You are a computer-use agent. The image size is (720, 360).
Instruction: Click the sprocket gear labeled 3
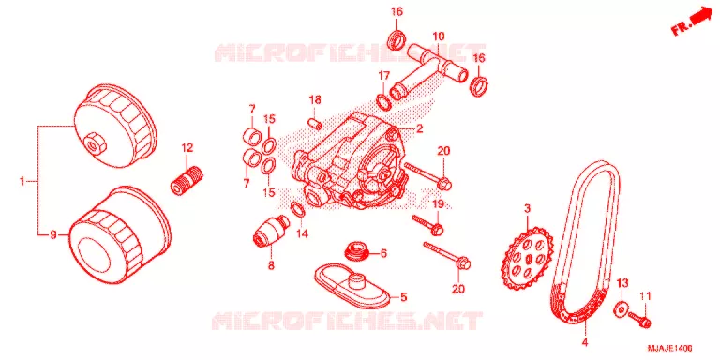(x=525, y=259)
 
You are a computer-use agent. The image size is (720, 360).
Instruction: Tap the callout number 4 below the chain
(x=585, y=342)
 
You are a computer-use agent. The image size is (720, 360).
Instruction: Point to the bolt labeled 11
(x=639, y=319)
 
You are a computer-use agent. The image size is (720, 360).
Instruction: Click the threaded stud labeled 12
(x=187, y=180)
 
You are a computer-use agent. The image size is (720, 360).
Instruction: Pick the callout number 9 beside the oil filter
(x=53, y=235)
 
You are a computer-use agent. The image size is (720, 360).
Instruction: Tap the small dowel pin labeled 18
(x=315, y=122)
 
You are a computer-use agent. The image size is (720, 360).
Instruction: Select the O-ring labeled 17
(x=383, y=102)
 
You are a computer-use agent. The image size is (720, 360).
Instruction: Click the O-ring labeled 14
(x=298, y=210)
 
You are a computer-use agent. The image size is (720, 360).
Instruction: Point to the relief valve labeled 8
(x=270, y=231)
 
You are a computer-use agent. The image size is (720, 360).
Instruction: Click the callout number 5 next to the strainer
(x=403, y=297)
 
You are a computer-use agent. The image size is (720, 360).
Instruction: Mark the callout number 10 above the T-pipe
(x=439, y=35)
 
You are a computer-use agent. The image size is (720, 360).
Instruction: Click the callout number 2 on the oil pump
(x=419, y=129)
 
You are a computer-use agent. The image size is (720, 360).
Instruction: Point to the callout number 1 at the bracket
(x=22, y=181)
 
